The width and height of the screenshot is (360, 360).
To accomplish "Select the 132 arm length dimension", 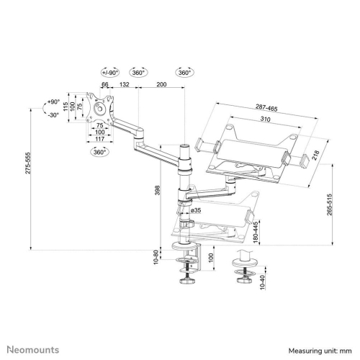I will point(124,85).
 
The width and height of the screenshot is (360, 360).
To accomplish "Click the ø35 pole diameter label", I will point(195,210).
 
